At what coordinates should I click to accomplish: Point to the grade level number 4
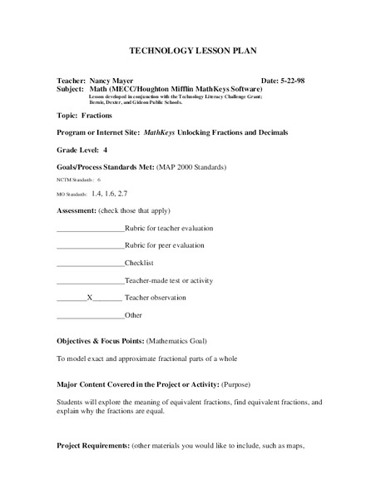click(105, 150)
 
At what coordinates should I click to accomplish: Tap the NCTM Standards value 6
click(99, 180)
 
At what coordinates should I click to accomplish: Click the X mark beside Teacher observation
click(89, 297)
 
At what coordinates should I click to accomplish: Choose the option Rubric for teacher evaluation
click(169, 227)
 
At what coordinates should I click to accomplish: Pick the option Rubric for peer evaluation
click(164, 245)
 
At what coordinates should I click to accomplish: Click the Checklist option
click(140, 263)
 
